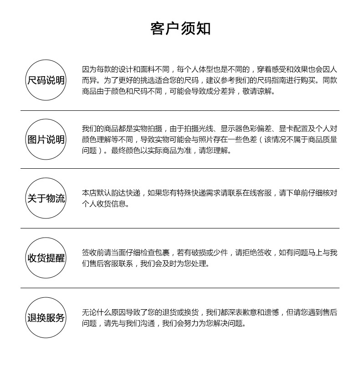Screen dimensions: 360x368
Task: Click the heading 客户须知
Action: [180, 28]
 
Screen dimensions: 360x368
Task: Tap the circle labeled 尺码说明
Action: [46, 80]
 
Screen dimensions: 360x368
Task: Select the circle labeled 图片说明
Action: [46, 140]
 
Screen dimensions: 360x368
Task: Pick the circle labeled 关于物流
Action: [46, 198]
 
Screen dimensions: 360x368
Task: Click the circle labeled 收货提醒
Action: [46, 258]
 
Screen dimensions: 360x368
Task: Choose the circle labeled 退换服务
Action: [46, 317]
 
